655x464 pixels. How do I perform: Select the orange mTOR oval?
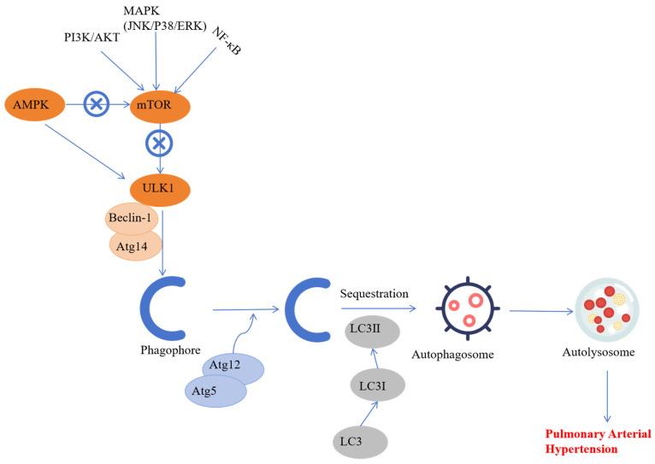[155, 106]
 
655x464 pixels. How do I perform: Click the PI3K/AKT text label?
[91, 38]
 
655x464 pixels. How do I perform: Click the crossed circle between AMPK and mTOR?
[96, 105]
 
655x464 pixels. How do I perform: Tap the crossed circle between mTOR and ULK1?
[157, 144]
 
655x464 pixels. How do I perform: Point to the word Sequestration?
[375, 293]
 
